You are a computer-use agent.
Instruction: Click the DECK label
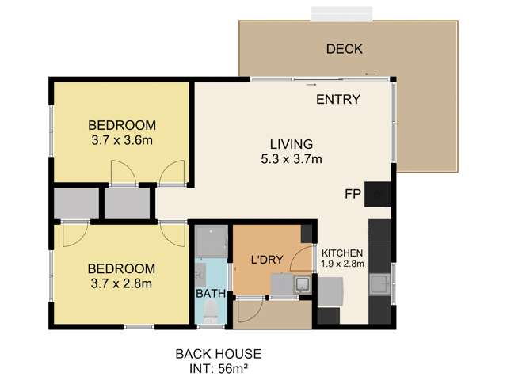345,49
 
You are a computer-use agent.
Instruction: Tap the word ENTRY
338,99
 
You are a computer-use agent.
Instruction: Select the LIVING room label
292,144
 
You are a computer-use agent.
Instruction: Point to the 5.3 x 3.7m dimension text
292,159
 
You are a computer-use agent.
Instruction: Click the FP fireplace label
353,194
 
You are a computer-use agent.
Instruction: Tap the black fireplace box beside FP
377,194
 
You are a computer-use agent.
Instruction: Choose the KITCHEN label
342,253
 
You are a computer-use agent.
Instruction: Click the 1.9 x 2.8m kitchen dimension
342,264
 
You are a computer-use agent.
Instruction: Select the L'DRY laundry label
267,260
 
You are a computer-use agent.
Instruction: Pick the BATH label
211,294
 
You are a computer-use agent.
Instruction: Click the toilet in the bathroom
211,311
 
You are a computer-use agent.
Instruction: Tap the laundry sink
303,283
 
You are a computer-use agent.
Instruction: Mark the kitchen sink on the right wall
380,284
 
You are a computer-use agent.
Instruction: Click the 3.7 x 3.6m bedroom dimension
122,141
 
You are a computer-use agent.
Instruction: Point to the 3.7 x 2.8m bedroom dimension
121,283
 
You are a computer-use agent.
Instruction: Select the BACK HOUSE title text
219,354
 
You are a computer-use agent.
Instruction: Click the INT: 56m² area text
219,369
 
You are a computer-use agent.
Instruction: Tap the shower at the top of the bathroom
212,241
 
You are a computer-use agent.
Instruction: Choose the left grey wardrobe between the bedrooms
76,203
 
